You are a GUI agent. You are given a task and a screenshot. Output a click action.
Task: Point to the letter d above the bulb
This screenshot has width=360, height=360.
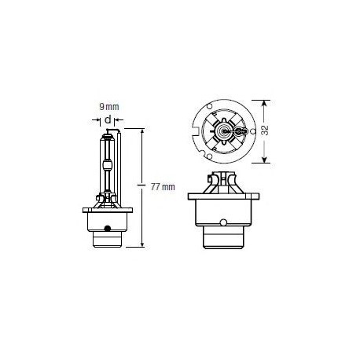click(107, 119)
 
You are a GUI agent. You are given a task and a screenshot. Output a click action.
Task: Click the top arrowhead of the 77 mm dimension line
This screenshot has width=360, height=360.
click(142, 128)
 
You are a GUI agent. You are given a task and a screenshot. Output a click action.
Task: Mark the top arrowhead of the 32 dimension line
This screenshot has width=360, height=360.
click(264, 101)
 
